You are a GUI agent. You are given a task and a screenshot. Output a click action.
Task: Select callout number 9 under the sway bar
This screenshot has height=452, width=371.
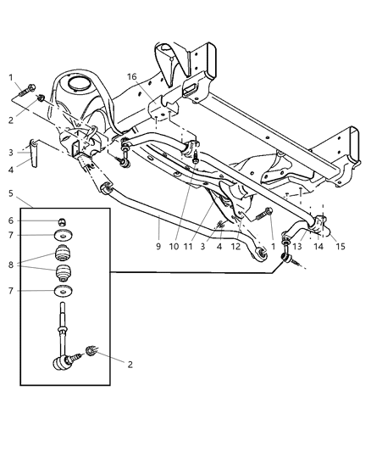(x=158, y=248)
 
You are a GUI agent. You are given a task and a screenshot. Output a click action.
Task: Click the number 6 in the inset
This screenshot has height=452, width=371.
(x=9, y=220)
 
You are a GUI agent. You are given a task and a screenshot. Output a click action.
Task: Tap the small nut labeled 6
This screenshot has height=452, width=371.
(x=62, y=221)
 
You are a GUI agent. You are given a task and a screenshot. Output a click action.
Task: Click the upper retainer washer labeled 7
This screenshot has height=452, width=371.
(x=62, y=237)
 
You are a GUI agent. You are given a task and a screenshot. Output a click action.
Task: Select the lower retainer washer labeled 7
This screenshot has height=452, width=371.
(x=62, y=293)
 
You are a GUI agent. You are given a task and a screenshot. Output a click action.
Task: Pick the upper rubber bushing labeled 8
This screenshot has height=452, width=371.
(x=62, y=254)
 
